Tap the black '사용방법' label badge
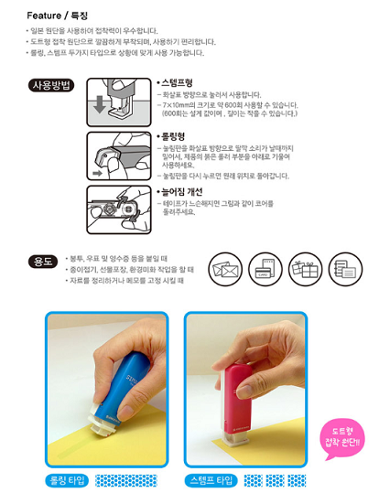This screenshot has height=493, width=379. pyautogui.click(x=53, y=86)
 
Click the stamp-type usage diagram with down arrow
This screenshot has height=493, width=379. pyautogui.click(x=119, y=102)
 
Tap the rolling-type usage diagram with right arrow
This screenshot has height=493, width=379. pyautogui.click(x=119, y=155)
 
